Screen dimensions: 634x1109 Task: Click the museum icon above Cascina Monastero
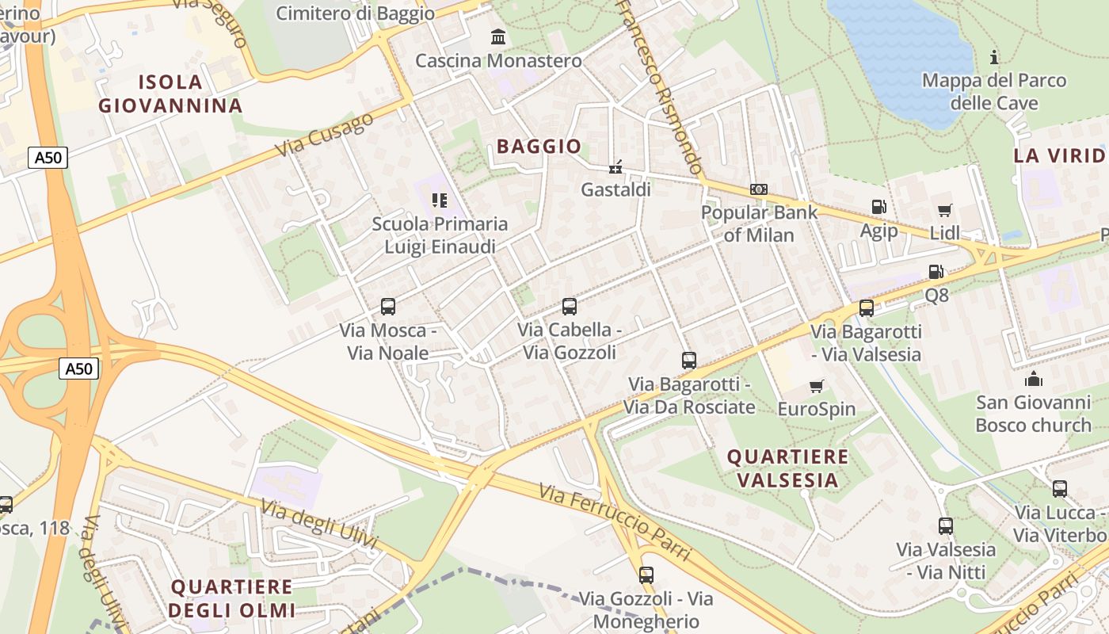498,36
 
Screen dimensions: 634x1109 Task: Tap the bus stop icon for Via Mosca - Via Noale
388,306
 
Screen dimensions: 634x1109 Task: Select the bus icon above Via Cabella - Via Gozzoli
569,306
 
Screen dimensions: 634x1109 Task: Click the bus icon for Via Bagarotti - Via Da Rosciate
688,361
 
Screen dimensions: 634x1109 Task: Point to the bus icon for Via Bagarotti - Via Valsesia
866,307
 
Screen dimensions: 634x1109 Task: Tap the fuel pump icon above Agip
878,207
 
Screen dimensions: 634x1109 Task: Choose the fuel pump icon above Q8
936,272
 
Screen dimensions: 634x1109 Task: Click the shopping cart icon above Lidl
944,210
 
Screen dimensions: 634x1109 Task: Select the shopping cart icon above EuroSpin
817,386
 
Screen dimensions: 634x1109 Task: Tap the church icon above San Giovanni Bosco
1033,379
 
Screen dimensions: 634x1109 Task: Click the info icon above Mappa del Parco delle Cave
994,57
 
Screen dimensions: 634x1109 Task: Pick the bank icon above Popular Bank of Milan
758,189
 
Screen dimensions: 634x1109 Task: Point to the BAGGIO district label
539,146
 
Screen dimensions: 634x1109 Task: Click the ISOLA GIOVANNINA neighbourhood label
170,94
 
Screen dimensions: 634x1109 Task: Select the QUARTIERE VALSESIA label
787,468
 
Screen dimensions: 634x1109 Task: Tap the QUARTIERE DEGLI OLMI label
231,598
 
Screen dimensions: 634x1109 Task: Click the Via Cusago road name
325,135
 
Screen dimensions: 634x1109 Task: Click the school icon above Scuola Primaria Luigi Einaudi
440,201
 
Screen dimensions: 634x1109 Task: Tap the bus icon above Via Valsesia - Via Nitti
945,525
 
